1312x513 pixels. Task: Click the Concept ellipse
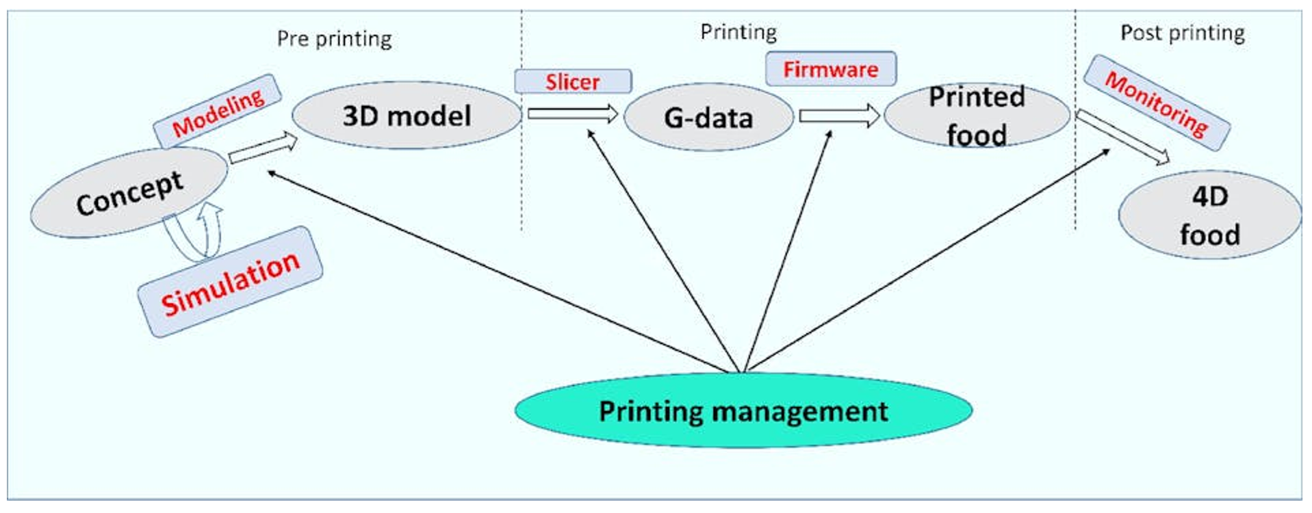[129, 193]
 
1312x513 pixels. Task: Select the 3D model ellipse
[407, 116]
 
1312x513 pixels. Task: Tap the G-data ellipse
[708, 118]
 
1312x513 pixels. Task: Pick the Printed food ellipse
[977, 116]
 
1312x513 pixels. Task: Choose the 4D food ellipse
[1209, 215]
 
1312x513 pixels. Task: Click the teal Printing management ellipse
[743, 410]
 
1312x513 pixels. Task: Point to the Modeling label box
[218, 111]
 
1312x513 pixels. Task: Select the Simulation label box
[230, 282]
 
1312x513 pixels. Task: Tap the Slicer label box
[573, 81]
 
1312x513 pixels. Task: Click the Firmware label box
[831, 69]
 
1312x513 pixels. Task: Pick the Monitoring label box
[1157, 103]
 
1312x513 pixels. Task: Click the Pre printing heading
[335, 39]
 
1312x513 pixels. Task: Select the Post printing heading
[1183, 33]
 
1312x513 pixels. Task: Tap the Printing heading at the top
[738, 32]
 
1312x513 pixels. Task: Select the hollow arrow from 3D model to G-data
[573, 114]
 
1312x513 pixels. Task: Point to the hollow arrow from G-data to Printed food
[840, 116]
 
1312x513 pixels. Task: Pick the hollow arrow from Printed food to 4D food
[1122, 137]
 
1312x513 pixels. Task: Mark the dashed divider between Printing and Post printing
[1075, 120]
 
